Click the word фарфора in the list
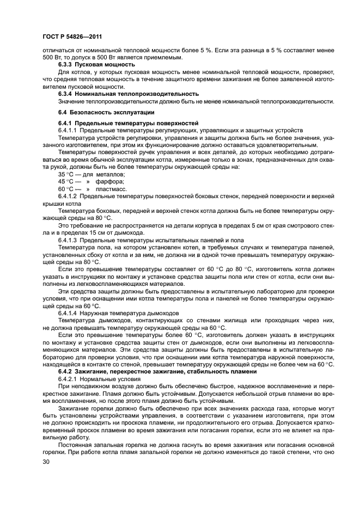[x=109, y=181]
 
